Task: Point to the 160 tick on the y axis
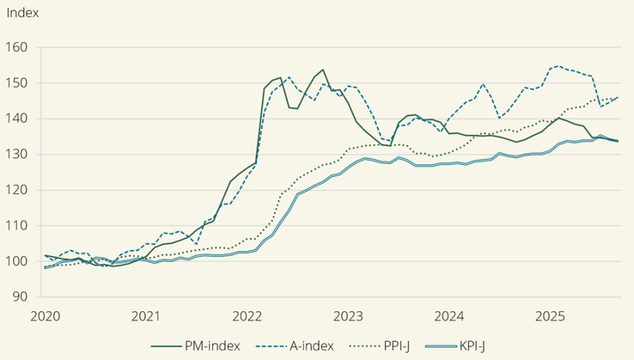(x=18, y=47)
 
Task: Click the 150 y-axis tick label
(x=18, y=83)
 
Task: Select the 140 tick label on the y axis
(x=18, y=119)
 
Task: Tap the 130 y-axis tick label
(x=18, y=155)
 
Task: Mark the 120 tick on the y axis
(x=18, y=190)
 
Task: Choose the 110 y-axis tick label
(x=18, y=225)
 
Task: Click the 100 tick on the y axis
(x=18, y=261)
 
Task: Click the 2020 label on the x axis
(x=44, y=316)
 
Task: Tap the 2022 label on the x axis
(x=247, y=316)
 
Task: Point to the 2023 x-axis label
(x=348, y=316)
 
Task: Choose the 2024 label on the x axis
(x=449, y=316)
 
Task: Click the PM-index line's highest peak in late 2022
(x=322, y=70)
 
